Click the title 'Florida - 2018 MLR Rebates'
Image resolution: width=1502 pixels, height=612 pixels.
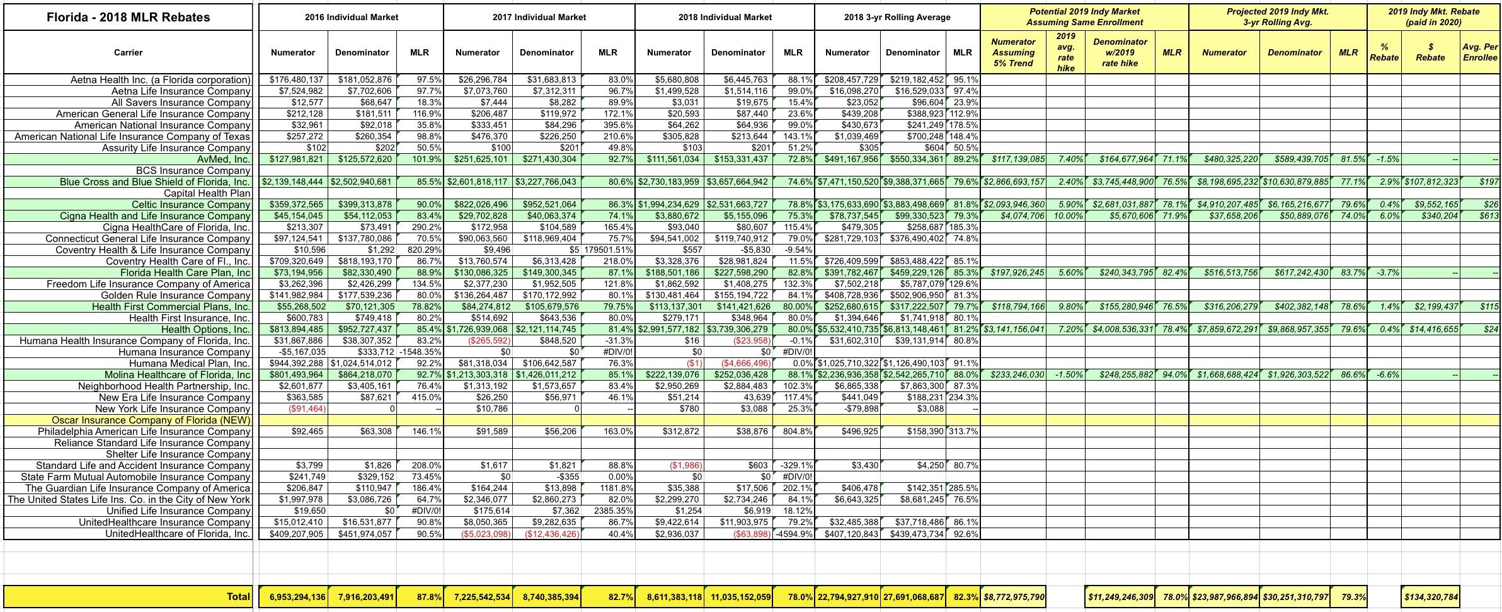point(129,18)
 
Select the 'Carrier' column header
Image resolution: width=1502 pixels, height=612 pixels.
point(129,52)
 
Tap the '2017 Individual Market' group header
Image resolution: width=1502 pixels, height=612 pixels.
point(539,17)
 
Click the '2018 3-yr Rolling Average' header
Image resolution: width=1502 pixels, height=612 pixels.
point(897,17)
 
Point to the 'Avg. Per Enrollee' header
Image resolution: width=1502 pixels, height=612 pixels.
point(1479,52)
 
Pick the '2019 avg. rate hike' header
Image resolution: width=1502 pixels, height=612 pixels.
point(1066,52)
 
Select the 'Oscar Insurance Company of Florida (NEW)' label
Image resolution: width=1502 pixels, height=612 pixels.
point(151,420)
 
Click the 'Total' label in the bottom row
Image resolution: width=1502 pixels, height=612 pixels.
point(238,596)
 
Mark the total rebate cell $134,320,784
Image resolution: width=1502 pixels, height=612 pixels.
point(1431,596)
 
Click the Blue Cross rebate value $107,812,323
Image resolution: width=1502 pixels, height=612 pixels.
point(1431,182)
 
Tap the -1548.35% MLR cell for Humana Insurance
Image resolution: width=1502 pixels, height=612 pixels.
point(420,352)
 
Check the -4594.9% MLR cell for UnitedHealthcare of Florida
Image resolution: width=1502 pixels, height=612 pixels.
point(793,534)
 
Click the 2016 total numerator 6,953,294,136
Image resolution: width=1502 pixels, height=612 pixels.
point(292,596)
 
